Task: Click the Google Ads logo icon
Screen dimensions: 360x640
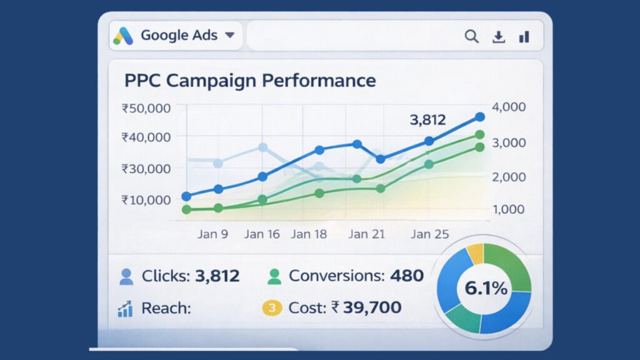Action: (x=123, y=36)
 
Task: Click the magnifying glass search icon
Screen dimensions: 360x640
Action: (x=471, y=37)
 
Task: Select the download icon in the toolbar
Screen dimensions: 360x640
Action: (x=498, y=37)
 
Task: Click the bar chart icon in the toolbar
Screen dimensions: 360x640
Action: (x=524, y=37)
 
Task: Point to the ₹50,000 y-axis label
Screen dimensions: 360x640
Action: (x=146, y=108)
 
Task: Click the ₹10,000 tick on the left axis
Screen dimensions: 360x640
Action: (x=146, y=200)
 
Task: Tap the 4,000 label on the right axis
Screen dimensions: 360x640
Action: (x=509, y=107)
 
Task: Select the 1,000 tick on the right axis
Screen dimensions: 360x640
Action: (x=509, y=209)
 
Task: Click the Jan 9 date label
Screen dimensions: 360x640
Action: (x=212, y=234)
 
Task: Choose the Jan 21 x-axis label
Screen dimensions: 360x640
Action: (x=367, y=234)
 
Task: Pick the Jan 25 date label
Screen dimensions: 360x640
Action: (x=429, y=234)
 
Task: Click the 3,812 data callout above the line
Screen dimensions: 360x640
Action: (x=428, y=120)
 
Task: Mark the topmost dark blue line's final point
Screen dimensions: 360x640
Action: (x=479, y=117)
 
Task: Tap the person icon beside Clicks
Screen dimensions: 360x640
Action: (x=126, y=276)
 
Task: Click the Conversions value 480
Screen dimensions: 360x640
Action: (x=407, y=276)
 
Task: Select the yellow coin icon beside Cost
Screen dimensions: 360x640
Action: (x=271, y=307)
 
